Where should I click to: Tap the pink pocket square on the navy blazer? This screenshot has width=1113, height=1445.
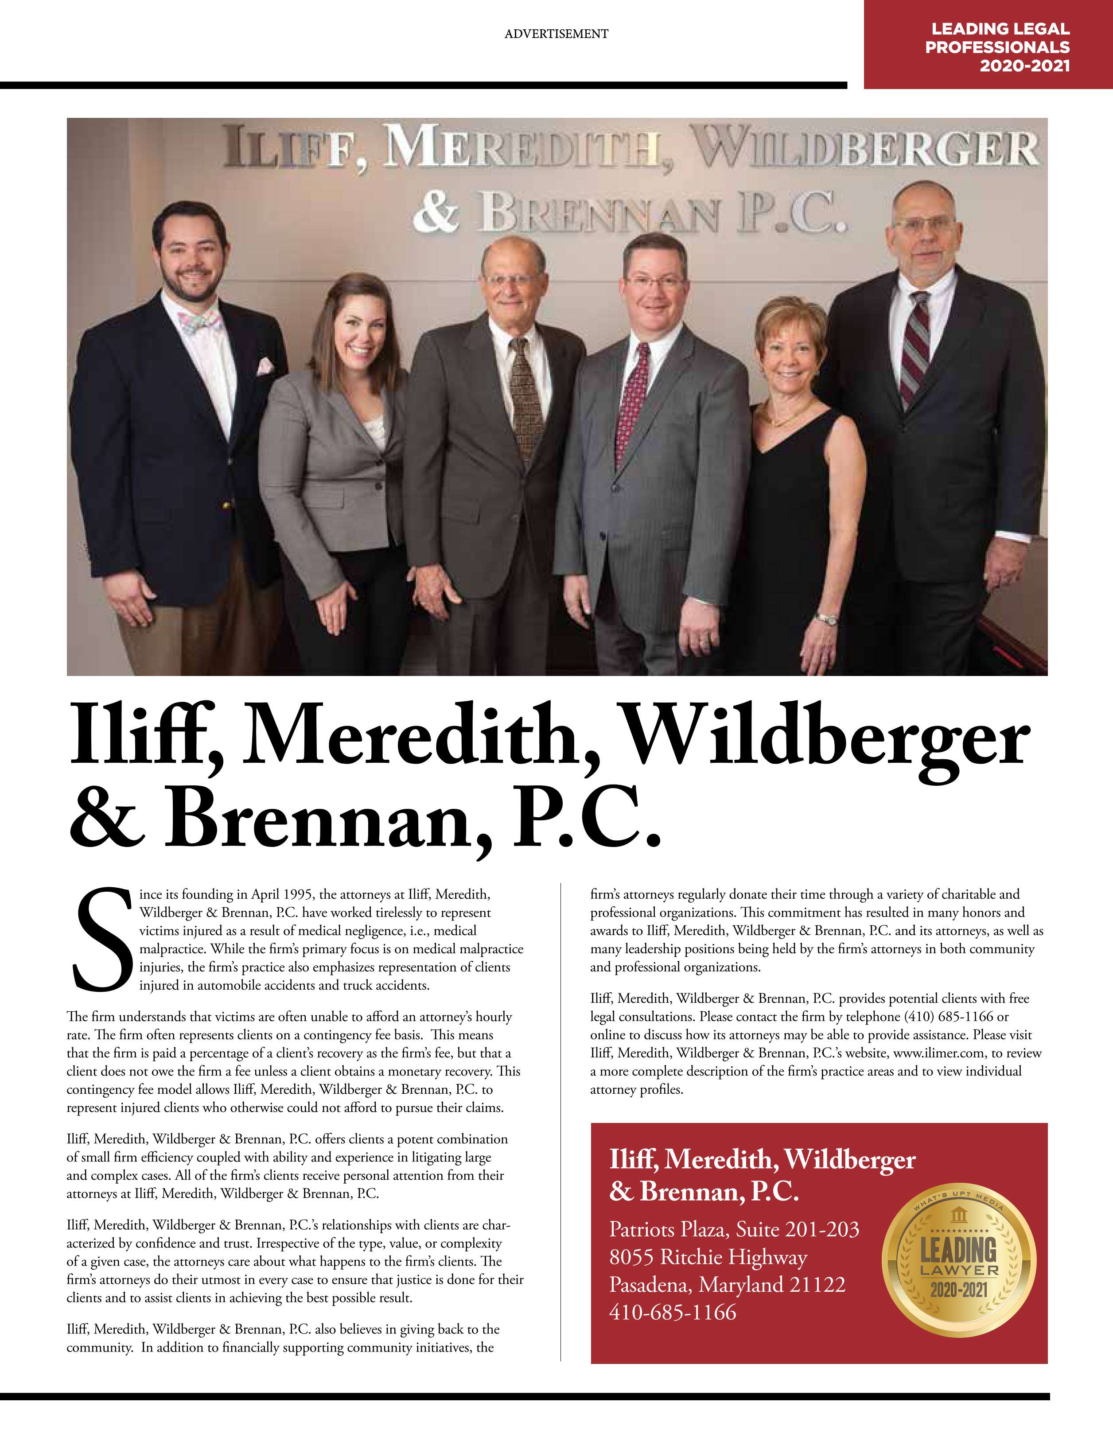[x=264, y=365]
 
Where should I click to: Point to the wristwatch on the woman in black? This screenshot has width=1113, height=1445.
[x=826, y=619]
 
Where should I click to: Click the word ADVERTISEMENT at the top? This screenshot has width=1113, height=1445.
[x=556, y=34]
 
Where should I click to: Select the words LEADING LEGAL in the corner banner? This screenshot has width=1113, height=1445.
[x=1000, y=29]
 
